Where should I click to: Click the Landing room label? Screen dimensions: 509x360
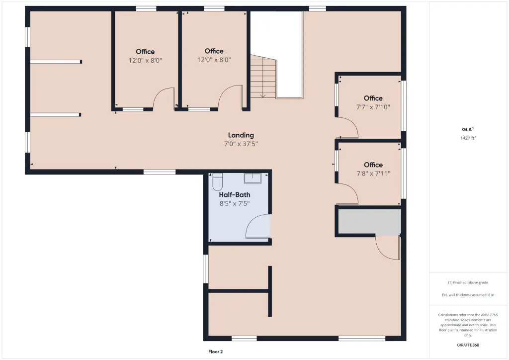click(x=241, y=135)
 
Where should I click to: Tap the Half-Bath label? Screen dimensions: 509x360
click(x=235, y=195)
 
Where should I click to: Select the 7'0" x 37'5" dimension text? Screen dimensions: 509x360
click(x=241, y=144)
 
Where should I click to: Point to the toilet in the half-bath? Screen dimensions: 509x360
click(x=217, y=182)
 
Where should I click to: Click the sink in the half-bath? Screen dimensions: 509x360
click(x=253, y=178)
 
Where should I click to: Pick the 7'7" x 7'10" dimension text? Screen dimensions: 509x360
click(x=373, y=107)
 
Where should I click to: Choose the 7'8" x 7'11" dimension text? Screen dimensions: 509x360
click(x=373, y=174)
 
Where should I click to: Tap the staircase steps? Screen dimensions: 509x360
click(x=263, y=77)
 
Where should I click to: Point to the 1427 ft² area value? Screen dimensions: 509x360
click(x=468, y=138)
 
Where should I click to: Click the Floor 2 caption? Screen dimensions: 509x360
click(x=216, y=352)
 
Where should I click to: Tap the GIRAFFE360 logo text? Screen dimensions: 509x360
click(x=468, y=345)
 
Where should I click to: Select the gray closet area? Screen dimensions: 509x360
click(x=369, y=221)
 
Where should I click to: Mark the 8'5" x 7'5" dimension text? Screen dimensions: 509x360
click(x=235, y=203)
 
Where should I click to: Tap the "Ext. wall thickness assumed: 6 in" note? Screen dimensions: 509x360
click(x=468, y=295)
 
